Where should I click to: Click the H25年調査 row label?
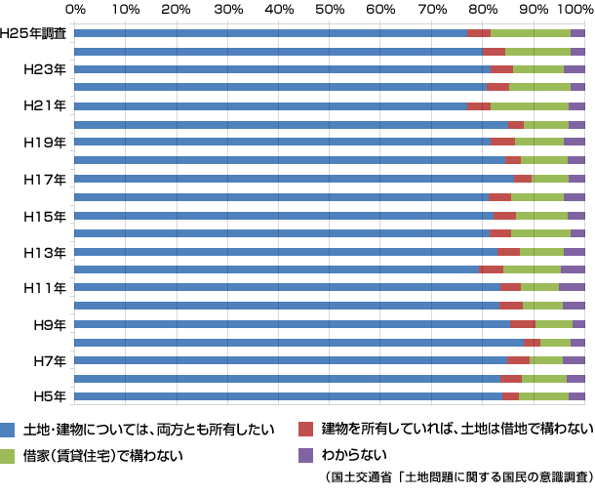[x=33, y=33]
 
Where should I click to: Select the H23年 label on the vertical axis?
[x=45, y=69]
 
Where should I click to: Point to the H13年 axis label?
[x=45, y=252]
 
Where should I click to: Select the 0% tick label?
[x=75, y=9]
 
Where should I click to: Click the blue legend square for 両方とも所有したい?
[x=8, y=429]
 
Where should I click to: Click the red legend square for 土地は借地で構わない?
[x=305, y=429]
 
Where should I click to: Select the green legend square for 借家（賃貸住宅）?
[x=8, y=455]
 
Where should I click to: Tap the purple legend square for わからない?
[x=305, y=455]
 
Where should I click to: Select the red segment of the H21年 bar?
[x=479, y=105]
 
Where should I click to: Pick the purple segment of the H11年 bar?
[x=572, y=287]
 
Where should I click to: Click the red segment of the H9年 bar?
[x=523, y=323]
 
